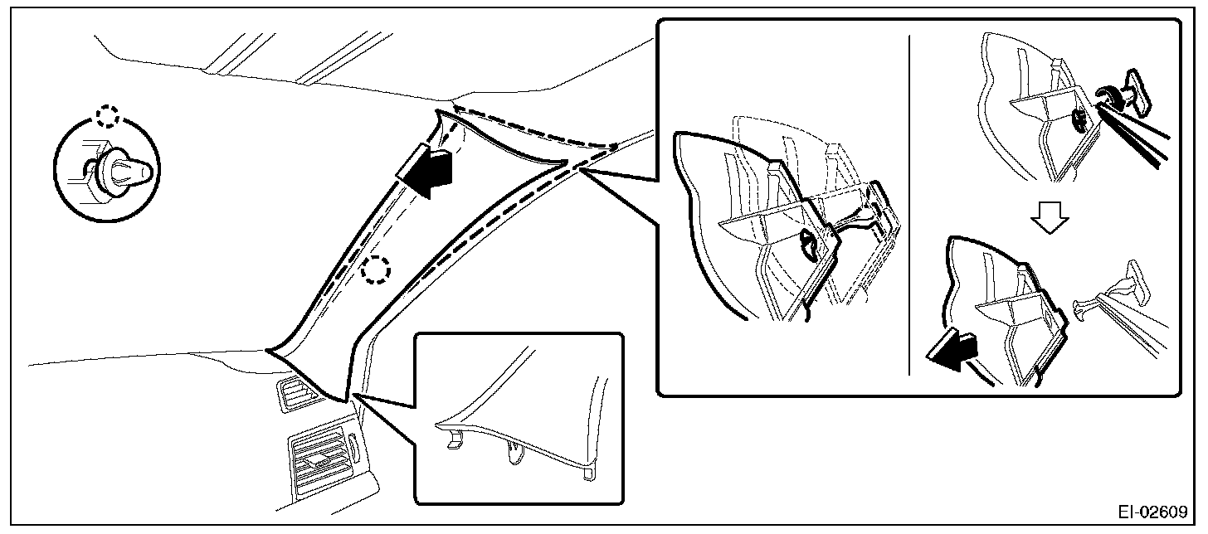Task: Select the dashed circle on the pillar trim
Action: pyautogui.click(x=376, y=269)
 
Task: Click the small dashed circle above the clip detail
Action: pyautogui.click(x=107, y=116)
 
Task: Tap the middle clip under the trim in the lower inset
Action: pyautogui.click(x=513, y=453)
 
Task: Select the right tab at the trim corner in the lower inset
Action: pyautogui.click(x=588, y=471)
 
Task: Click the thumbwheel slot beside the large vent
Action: pyautogui.click(x=354, y=452)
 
